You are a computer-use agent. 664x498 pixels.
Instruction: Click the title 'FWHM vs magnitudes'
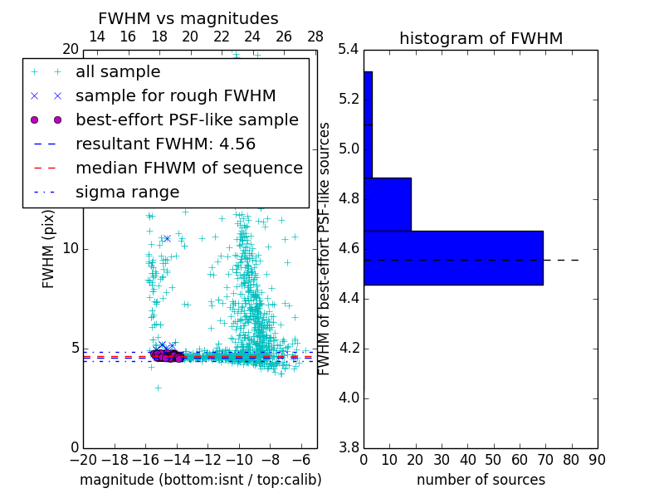click(188, 18)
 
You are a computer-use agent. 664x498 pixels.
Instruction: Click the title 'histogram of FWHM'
click(481, 38)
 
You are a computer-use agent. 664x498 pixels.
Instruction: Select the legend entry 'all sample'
click(118, 72)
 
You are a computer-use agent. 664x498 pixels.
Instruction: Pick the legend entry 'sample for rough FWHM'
click(175, 95)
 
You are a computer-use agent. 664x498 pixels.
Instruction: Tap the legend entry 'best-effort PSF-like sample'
click(187, 120)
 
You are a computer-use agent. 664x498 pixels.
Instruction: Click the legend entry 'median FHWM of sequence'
click(188, 168)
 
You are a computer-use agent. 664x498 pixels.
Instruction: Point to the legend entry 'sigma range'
click(127, 192)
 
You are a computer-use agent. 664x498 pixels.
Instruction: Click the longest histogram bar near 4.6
click(453, 257)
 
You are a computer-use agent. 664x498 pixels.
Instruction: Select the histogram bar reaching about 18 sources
click(387, 204)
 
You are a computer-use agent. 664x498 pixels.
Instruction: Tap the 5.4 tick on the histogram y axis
click(349, 50)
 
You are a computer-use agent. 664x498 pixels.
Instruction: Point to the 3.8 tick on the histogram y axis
click(349, 447)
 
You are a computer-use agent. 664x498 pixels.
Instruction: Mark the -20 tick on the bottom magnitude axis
click(83, 460)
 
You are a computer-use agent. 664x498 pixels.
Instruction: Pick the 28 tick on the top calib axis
click(315, 37)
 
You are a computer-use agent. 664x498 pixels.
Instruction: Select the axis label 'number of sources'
click(481, 480)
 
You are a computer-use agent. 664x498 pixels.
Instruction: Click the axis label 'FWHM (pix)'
click(49, 248)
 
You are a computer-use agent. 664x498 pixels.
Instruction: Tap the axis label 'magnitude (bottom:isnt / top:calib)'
click(200, 480)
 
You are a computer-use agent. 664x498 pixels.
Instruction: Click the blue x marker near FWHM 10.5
click(167, 238)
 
